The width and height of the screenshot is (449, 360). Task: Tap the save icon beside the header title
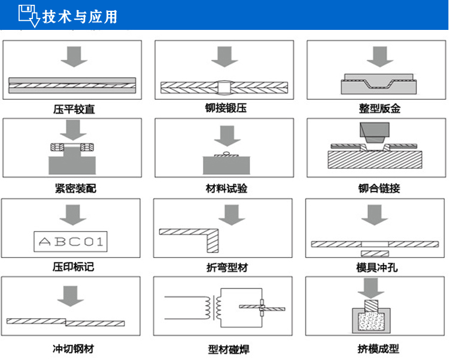(28, 16)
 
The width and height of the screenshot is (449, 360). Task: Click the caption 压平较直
(74, 109)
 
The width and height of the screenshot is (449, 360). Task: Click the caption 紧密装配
(74, 188)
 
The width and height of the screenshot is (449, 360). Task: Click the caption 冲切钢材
(74, 348)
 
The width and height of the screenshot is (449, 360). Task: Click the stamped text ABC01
(71, 242)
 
